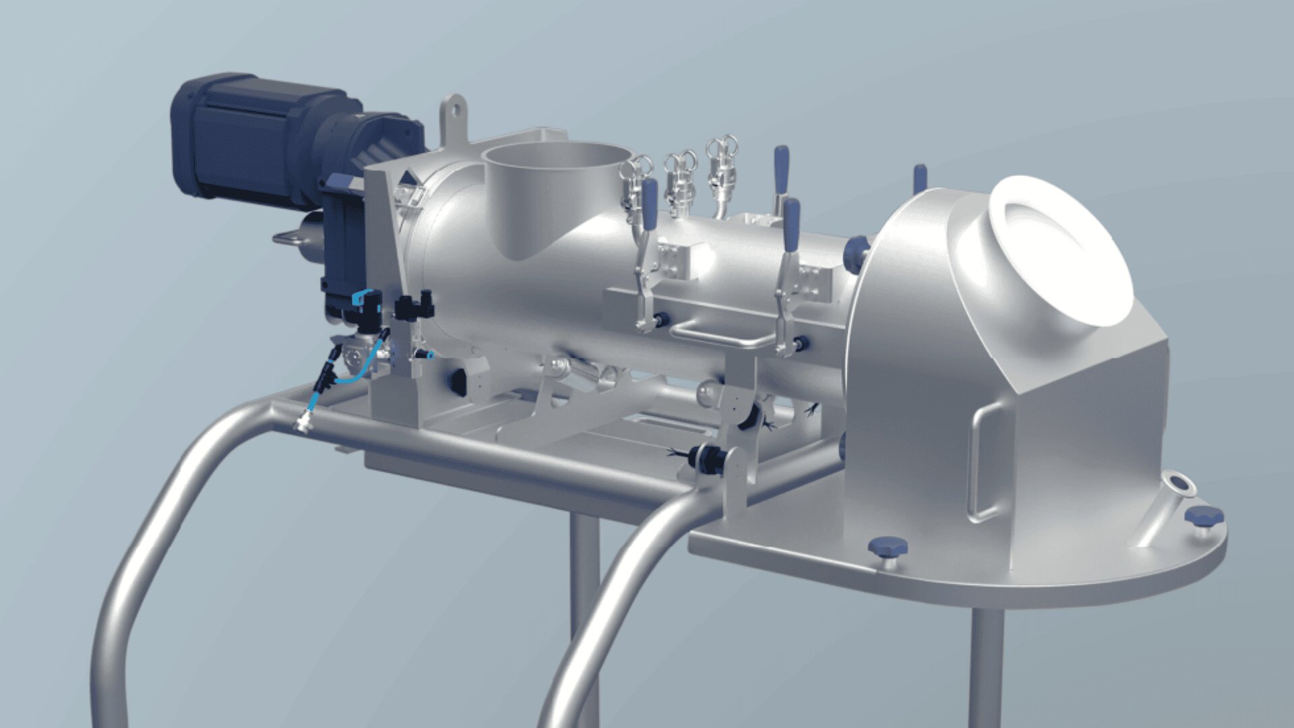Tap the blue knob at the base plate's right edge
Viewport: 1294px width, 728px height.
[1204, 518]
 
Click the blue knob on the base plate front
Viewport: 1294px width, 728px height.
[888, 546]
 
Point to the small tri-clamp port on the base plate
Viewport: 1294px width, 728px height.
[1178, 483]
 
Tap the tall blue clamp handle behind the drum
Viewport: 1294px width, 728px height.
[781, 169]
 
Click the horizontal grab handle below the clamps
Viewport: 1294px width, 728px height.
[714, 335]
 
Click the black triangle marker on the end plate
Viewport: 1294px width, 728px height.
[408, 179]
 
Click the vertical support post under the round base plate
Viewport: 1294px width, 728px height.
[985, 667]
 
